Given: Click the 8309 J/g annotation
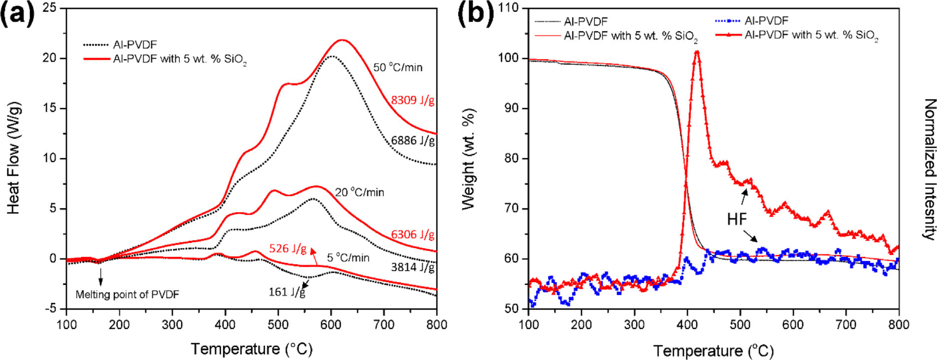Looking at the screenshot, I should (413, 101).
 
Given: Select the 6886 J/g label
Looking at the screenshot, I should (413, 141).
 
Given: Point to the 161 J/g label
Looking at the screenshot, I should (286, 292).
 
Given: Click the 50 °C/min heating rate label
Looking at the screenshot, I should (398, 68).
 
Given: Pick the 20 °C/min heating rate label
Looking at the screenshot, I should (359, 192).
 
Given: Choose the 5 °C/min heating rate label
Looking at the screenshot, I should (348, 257).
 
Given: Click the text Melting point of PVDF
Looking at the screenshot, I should (127, 294).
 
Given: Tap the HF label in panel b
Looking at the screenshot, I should (737, 219).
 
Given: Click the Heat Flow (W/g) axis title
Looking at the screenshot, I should (14, 158).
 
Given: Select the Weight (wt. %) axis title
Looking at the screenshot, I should (468, 159).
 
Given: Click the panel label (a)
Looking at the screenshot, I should (18, 14).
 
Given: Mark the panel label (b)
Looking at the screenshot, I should (476, 14).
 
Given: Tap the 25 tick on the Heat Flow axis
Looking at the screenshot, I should (50, 8).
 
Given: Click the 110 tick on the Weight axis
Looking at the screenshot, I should (508, 8).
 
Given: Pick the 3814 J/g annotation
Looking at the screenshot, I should (413, 267).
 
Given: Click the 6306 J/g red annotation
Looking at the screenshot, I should (413, 235).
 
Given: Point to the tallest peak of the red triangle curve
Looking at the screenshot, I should (696, 52).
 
